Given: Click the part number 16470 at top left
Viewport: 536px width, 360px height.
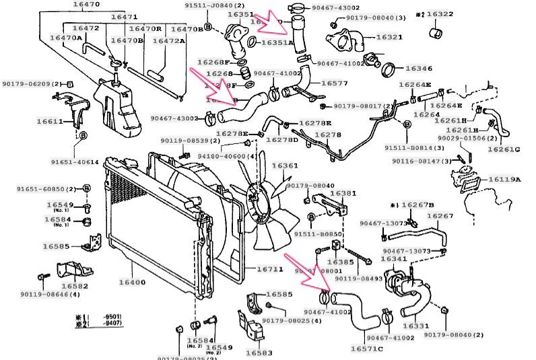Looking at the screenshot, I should click(84, 5).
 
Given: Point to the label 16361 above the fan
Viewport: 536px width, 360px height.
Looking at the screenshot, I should click(285, 166).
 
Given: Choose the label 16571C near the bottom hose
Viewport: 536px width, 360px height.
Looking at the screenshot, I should click(366, 349).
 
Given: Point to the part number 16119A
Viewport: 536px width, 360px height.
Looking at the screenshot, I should click(504, 180).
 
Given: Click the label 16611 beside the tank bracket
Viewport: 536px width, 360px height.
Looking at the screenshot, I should click(49, 122).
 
